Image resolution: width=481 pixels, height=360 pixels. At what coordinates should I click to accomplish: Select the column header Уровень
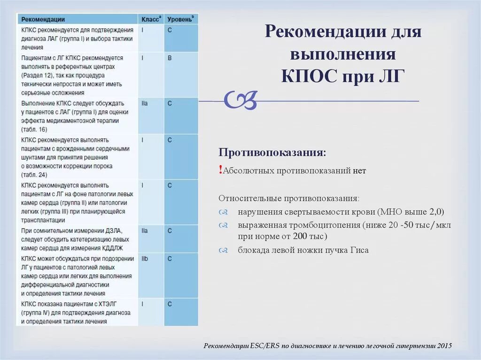pos(179,19)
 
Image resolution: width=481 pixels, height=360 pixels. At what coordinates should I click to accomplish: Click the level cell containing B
pos(170,58)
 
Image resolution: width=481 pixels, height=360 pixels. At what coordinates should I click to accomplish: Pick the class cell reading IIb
pos(145,259)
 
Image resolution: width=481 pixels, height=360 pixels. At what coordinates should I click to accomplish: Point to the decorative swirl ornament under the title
pos(240,100)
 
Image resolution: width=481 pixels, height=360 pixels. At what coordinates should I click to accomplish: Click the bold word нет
pos(359,171)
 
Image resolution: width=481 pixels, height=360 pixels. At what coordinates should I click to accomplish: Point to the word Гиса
pos(359,250)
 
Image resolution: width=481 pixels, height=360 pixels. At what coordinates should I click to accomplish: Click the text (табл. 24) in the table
pos(34,175)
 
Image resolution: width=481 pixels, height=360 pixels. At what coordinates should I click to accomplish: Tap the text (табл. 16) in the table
pos(34,129)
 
